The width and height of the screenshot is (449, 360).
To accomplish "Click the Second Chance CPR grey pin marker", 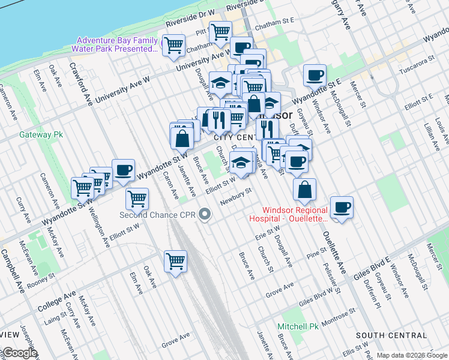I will [x=205, y=214].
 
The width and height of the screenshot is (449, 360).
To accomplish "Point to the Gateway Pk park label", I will [x=41, y=135].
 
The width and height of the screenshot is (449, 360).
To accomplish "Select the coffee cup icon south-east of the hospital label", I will [x=342, y=208].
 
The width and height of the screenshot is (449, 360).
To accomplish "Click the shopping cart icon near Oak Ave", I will [x=175, y=261].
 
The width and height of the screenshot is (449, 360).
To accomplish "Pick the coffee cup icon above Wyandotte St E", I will [x=315, y=76].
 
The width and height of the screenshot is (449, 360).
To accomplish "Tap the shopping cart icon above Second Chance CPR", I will [x=137, y=197].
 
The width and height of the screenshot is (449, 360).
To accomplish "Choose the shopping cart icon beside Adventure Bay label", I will [x=174, y=45].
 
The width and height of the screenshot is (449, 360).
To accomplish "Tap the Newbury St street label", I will [x=235, y=196].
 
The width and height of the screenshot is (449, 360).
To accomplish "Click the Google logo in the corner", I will [x=19, y=353].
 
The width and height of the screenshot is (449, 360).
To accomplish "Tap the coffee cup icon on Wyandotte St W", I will [x=123, y=170].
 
